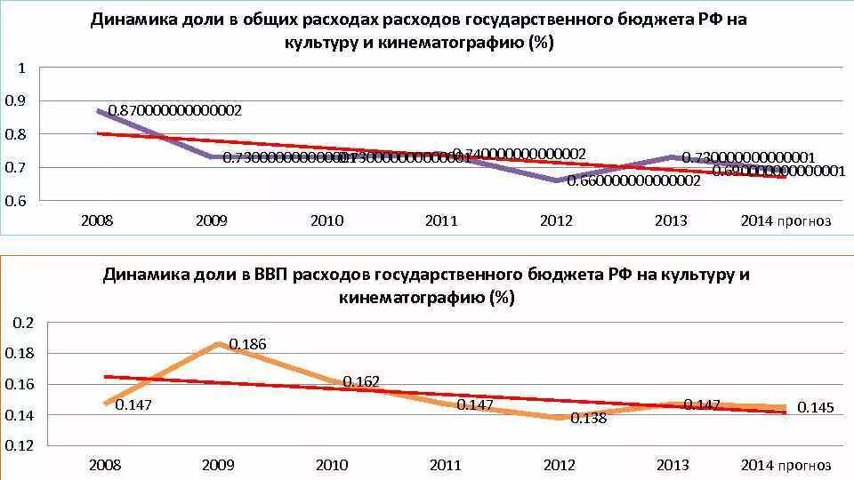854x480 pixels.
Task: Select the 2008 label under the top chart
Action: (96, 220)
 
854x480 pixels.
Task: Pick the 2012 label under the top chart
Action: (557, 220)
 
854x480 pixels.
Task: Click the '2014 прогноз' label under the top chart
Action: (786, 220)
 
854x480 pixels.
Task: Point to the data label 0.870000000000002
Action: (175, 111)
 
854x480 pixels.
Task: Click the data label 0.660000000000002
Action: (633, 180)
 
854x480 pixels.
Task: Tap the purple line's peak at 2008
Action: (98, 110)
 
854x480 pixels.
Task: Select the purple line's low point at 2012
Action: (557, 180)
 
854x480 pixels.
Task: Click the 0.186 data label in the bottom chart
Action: (247, 344)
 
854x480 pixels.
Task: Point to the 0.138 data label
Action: (588, 417)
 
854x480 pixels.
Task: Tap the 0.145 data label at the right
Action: (815, 407)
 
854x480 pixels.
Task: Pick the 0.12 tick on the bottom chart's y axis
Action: (21, 445)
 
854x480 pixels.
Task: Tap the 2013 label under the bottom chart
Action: (671, 465)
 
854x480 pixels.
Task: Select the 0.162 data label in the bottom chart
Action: (362, 381)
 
